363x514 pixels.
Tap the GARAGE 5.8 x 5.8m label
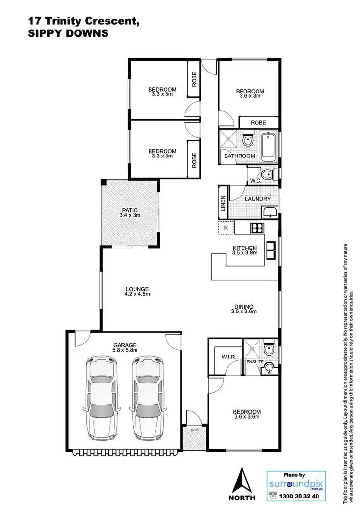pyautogui.click(x=124, y=347)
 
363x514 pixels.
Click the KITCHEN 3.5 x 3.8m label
pyautogui.click(x=245, y=251)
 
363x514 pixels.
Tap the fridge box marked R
pyautogui.click(x=226, y=227)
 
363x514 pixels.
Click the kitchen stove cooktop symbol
pyautogui.click(x=256, y=227)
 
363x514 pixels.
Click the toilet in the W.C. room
pyautogui.click(x=265, y=174)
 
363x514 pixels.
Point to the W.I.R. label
pyautogui.click(x=228, y=358)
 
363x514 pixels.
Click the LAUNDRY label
pyautogui.click(x=254, y=199)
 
